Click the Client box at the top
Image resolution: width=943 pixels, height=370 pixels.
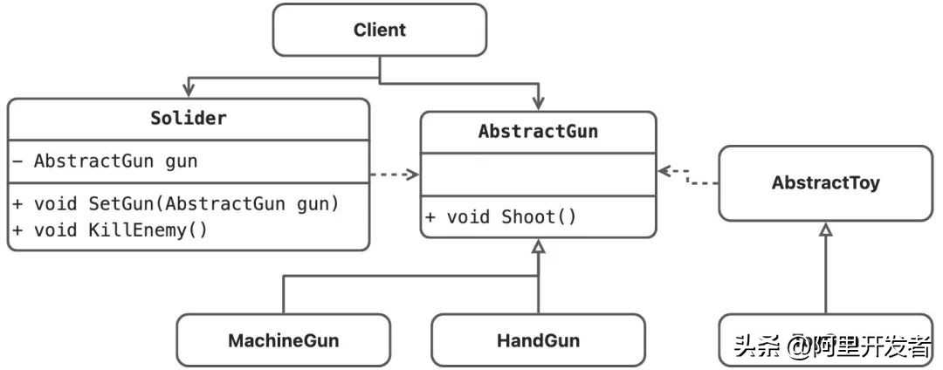pyautogui.click(x=379, y=31)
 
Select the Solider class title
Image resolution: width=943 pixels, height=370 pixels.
pyautogui.click(x=188, y=118)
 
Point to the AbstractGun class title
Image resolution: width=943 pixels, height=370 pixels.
pyautogui.click(x=538, y=131)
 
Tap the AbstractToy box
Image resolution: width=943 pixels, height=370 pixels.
pyautogui.click(x=825, y=183)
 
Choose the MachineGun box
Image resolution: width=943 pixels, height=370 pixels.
pyautogui.click(x=283, y=339)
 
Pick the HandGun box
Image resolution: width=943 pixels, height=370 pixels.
pyautogui.click(x=538, y=339)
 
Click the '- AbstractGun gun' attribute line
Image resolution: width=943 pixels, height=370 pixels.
pyautogui.click(x=115, y=161)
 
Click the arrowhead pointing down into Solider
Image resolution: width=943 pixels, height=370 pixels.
pyautogui.click(x=188, y=91)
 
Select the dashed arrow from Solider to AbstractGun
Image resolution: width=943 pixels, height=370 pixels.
pyautogui.click(x=394, y=175)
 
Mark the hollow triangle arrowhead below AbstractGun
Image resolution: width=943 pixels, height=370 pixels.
pyautogui.click(x=539, y=248)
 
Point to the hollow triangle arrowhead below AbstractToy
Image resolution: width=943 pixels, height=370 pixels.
pyautogui.click(x=825, y=230)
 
